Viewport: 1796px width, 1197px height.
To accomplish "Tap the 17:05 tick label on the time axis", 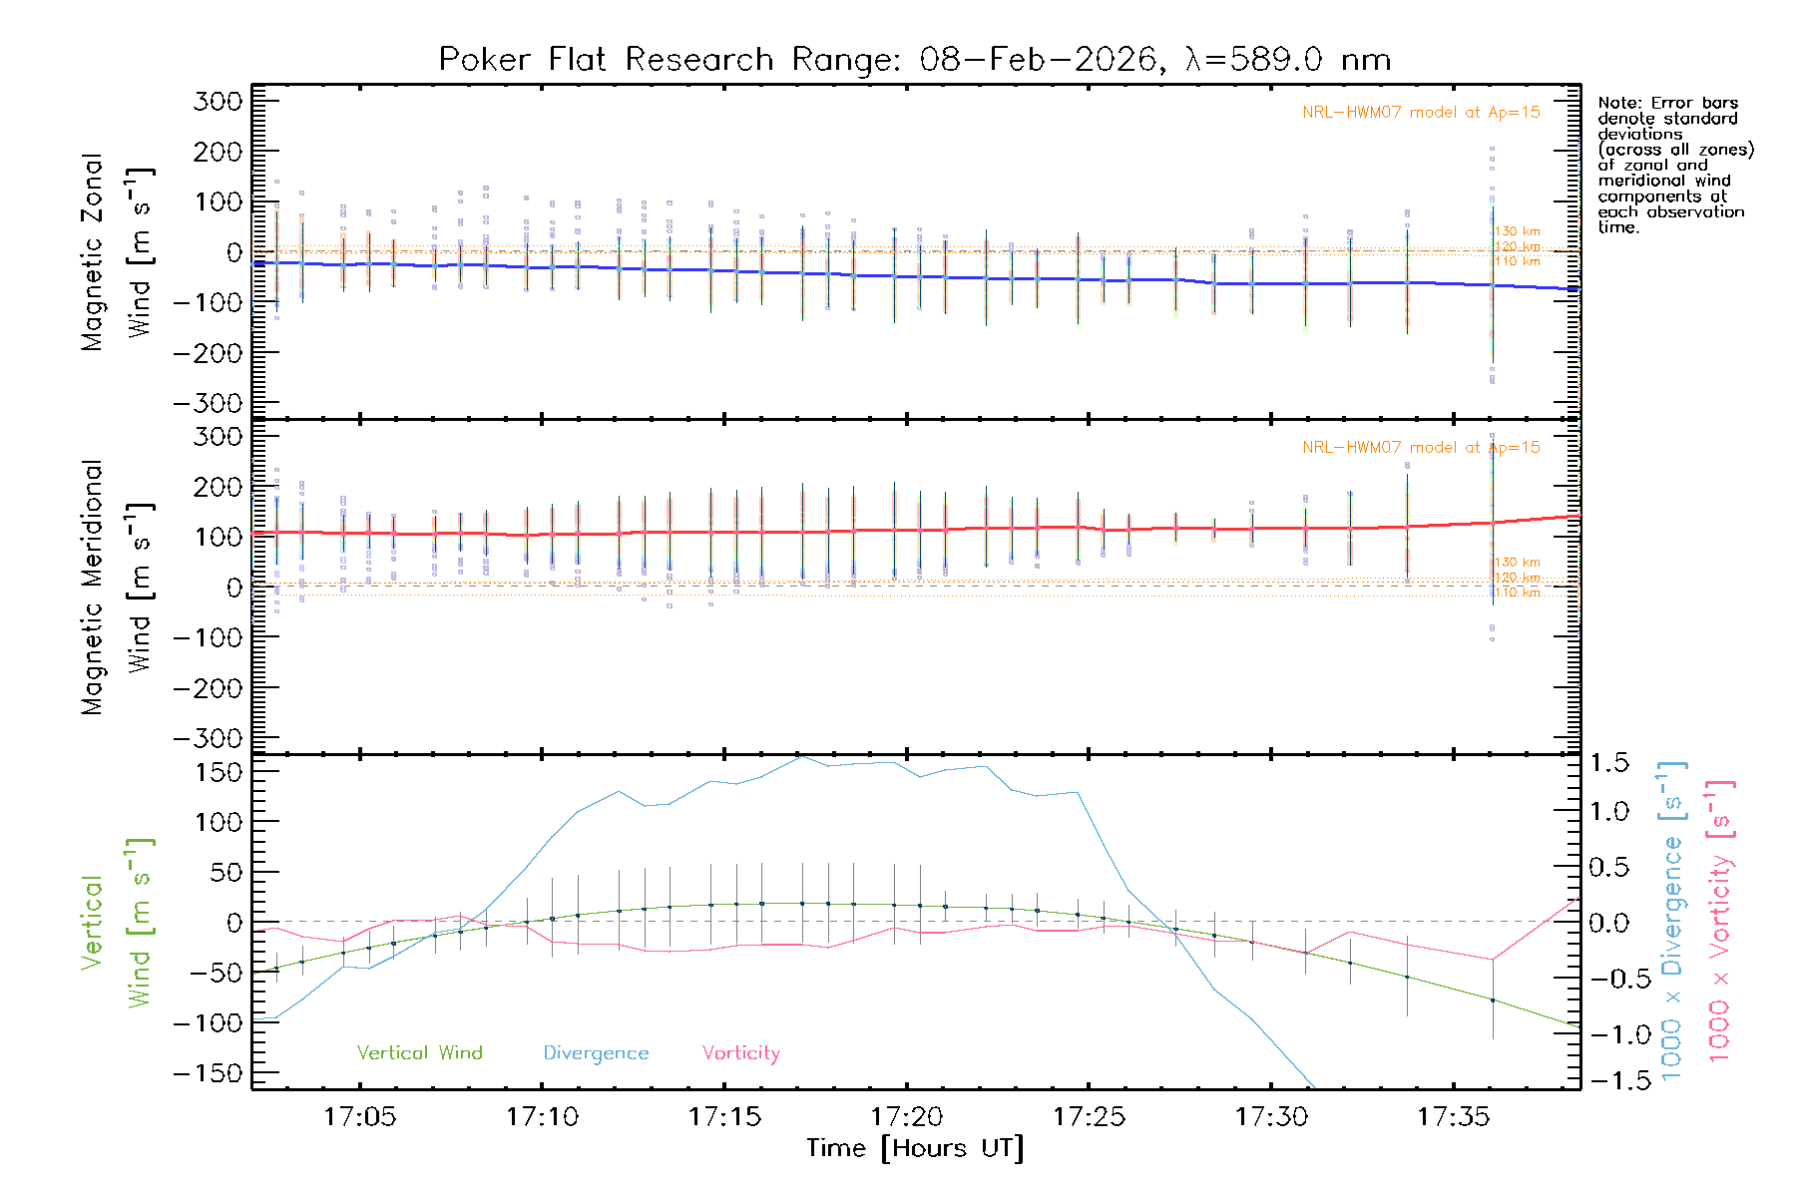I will [359, 1116].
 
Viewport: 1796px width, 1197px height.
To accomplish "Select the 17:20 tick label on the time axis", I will [906, 1116].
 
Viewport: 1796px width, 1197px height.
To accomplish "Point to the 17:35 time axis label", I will [1454, 1116].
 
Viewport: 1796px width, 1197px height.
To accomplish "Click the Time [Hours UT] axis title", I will [915, 1148].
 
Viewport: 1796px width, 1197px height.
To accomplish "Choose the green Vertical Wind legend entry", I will [419, 1052].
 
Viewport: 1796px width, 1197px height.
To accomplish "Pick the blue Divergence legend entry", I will [596, 1052].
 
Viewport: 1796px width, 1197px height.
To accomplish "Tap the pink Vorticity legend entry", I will [740, 1052].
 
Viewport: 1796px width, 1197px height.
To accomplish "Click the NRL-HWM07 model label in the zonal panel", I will [1421, 112].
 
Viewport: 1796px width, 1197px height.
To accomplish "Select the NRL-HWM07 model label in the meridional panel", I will [1421, 447].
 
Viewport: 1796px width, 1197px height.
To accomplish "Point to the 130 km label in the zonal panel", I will [1517, 231].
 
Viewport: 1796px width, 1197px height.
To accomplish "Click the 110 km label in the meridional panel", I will [1517, 593].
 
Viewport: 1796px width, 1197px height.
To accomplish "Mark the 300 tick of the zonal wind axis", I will [219, 101].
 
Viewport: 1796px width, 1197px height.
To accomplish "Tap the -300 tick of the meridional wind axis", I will [209, 738].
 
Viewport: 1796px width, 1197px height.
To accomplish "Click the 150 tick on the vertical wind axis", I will [219, 772].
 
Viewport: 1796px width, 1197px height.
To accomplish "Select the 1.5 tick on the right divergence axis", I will [1608, 763].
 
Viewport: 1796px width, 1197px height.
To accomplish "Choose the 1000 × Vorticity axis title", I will [1720, 920].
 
